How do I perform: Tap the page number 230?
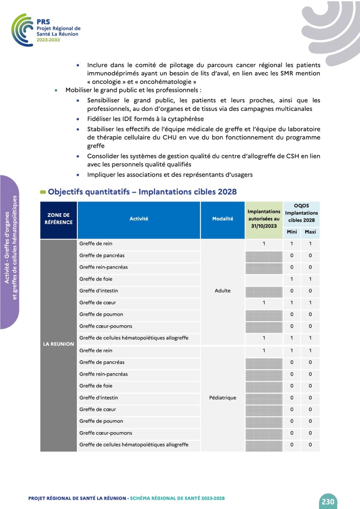(328, 501)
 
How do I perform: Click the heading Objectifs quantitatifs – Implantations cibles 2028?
(142, 192)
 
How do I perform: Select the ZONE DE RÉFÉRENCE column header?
(59, 219)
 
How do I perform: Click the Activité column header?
(139, 219)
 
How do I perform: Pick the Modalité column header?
(222, 219)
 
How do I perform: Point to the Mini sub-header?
(292, 232)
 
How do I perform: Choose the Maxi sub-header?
(310, 232)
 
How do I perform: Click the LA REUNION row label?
(59, 344)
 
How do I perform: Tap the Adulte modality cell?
(222, 291)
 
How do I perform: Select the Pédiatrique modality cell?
(222, 398)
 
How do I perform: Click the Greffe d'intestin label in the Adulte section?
(99, 291)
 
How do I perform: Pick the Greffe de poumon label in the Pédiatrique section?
(101, 421)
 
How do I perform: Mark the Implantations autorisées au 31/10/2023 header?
(264, 219)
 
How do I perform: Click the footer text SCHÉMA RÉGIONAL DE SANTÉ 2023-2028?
(177, 498)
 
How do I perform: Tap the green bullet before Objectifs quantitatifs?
(43, 192)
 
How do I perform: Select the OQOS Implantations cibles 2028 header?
(301, 213)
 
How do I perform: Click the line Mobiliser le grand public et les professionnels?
(133, 91)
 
